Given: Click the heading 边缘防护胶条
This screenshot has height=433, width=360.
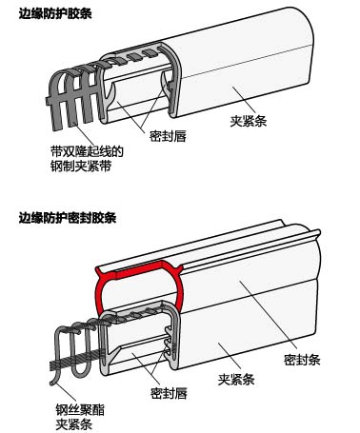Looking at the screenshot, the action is pos(55,14).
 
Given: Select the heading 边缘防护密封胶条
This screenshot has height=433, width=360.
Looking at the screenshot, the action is pos(68,218).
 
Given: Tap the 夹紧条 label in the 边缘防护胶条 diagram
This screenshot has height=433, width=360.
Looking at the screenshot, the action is pos(249,121).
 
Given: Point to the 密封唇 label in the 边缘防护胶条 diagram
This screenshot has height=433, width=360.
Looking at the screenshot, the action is pos(168,136).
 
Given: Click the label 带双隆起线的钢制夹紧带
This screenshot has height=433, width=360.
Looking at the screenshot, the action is pos(87,159).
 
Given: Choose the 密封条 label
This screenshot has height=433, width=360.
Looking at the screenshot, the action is pos(302,360).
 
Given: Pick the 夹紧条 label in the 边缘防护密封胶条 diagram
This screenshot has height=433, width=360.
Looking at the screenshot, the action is pos(236,379).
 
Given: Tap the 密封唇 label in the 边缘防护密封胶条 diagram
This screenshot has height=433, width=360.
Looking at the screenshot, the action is pos(169,393).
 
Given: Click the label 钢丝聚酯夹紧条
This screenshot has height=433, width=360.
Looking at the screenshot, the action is pos(80,417).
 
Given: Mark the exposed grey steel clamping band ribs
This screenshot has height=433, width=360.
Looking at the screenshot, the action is pos(73,95).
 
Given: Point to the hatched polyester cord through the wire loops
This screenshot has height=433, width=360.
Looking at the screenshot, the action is pos(76,360).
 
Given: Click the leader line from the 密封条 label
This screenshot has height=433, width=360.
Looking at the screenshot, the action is pos(269,314).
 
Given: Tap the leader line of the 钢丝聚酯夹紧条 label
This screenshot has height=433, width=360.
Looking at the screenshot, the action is pos(66,392).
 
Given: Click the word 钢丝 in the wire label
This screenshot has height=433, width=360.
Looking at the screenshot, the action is pos(68,410).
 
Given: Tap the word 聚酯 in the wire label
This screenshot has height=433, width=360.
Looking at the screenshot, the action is pos(92,410).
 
